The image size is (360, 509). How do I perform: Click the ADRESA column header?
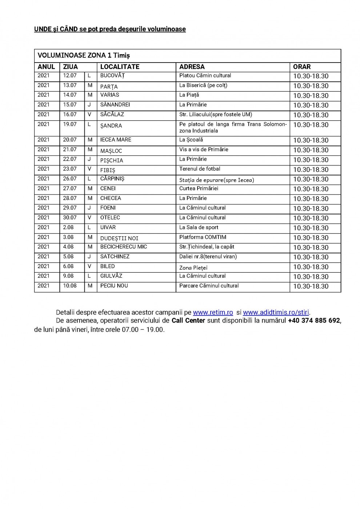pos(192,67)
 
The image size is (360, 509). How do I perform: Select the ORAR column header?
pos(302,67)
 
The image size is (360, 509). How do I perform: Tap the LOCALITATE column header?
pos(120,67)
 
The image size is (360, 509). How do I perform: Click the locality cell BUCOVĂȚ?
pos(112,76)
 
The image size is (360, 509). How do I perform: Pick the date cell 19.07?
pos(70,124)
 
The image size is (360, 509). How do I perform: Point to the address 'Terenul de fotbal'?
pos(200,169)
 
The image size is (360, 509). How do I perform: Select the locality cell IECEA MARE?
pos(116,140)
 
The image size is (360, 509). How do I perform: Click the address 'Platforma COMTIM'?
pos(203,237)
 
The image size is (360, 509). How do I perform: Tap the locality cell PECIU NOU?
pos(114,286)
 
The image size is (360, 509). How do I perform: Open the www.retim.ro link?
pos(213,312)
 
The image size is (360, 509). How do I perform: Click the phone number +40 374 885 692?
pos(314,320)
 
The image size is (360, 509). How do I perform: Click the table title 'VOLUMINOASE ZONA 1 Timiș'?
pos(84,56)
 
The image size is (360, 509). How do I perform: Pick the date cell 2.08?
pos(68,227)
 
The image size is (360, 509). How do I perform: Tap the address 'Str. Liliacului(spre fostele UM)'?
pos(216,115)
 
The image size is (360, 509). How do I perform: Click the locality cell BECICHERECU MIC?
pos(124,247)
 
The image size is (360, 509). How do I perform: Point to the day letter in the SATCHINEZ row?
pos(89,256)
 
